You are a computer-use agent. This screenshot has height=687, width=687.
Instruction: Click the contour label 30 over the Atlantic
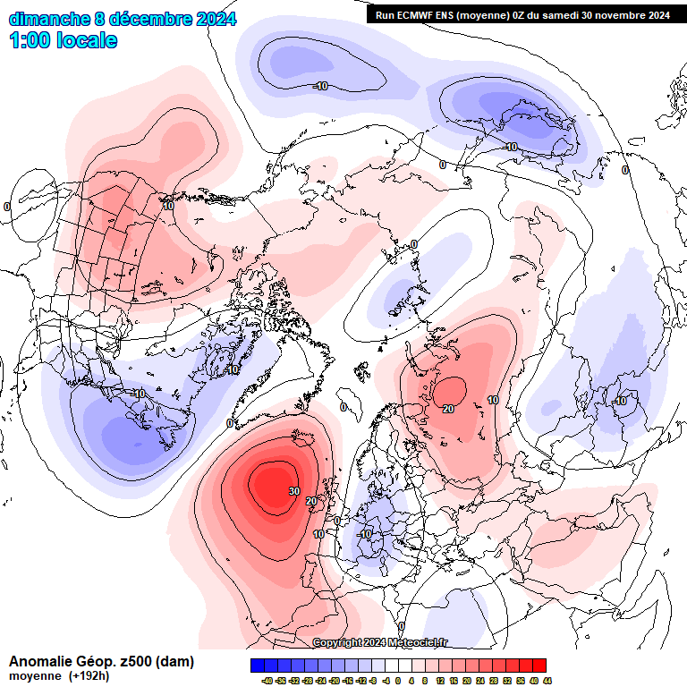click(x=293, y=491)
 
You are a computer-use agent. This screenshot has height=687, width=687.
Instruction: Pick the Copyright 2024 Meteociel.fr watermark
click(x=380, y=642)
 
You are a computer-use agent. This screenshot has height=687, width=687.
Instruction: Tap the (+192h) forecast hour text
click(x=89, y=676)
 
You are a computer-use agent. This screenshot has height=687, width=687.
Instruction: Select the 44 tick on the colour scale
click(x=547, y=681)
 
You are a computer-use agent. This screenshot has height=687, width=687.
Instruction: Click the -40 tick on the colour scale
click(x=266, y=681)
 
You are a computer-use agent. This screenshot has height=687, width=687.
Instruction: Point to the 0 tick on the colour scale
click(x=399, y=681)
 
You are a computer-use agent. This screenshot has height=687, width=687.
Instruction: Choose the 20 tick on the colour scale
click(x=466, y=681)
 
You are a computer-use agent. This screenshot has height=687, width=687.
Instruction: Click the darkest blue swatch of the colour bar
click(x=258, y=666)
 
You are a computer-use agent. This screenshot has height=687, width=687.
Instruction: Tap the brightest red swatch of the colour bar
click(x=539, y=666)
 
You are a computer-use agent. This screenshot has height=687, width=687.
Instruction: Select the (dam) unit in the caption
click(x=174, y=662)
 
